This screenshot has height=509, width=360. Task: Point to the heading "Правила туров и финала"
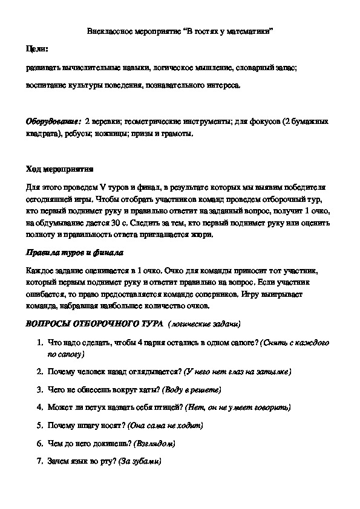pos(66,252)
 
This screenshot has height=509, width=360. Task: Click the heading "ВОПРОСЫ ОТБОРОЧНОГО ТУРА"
pos(94,323)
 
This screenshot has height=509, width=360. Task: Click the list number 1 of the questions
pos(40,342)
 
